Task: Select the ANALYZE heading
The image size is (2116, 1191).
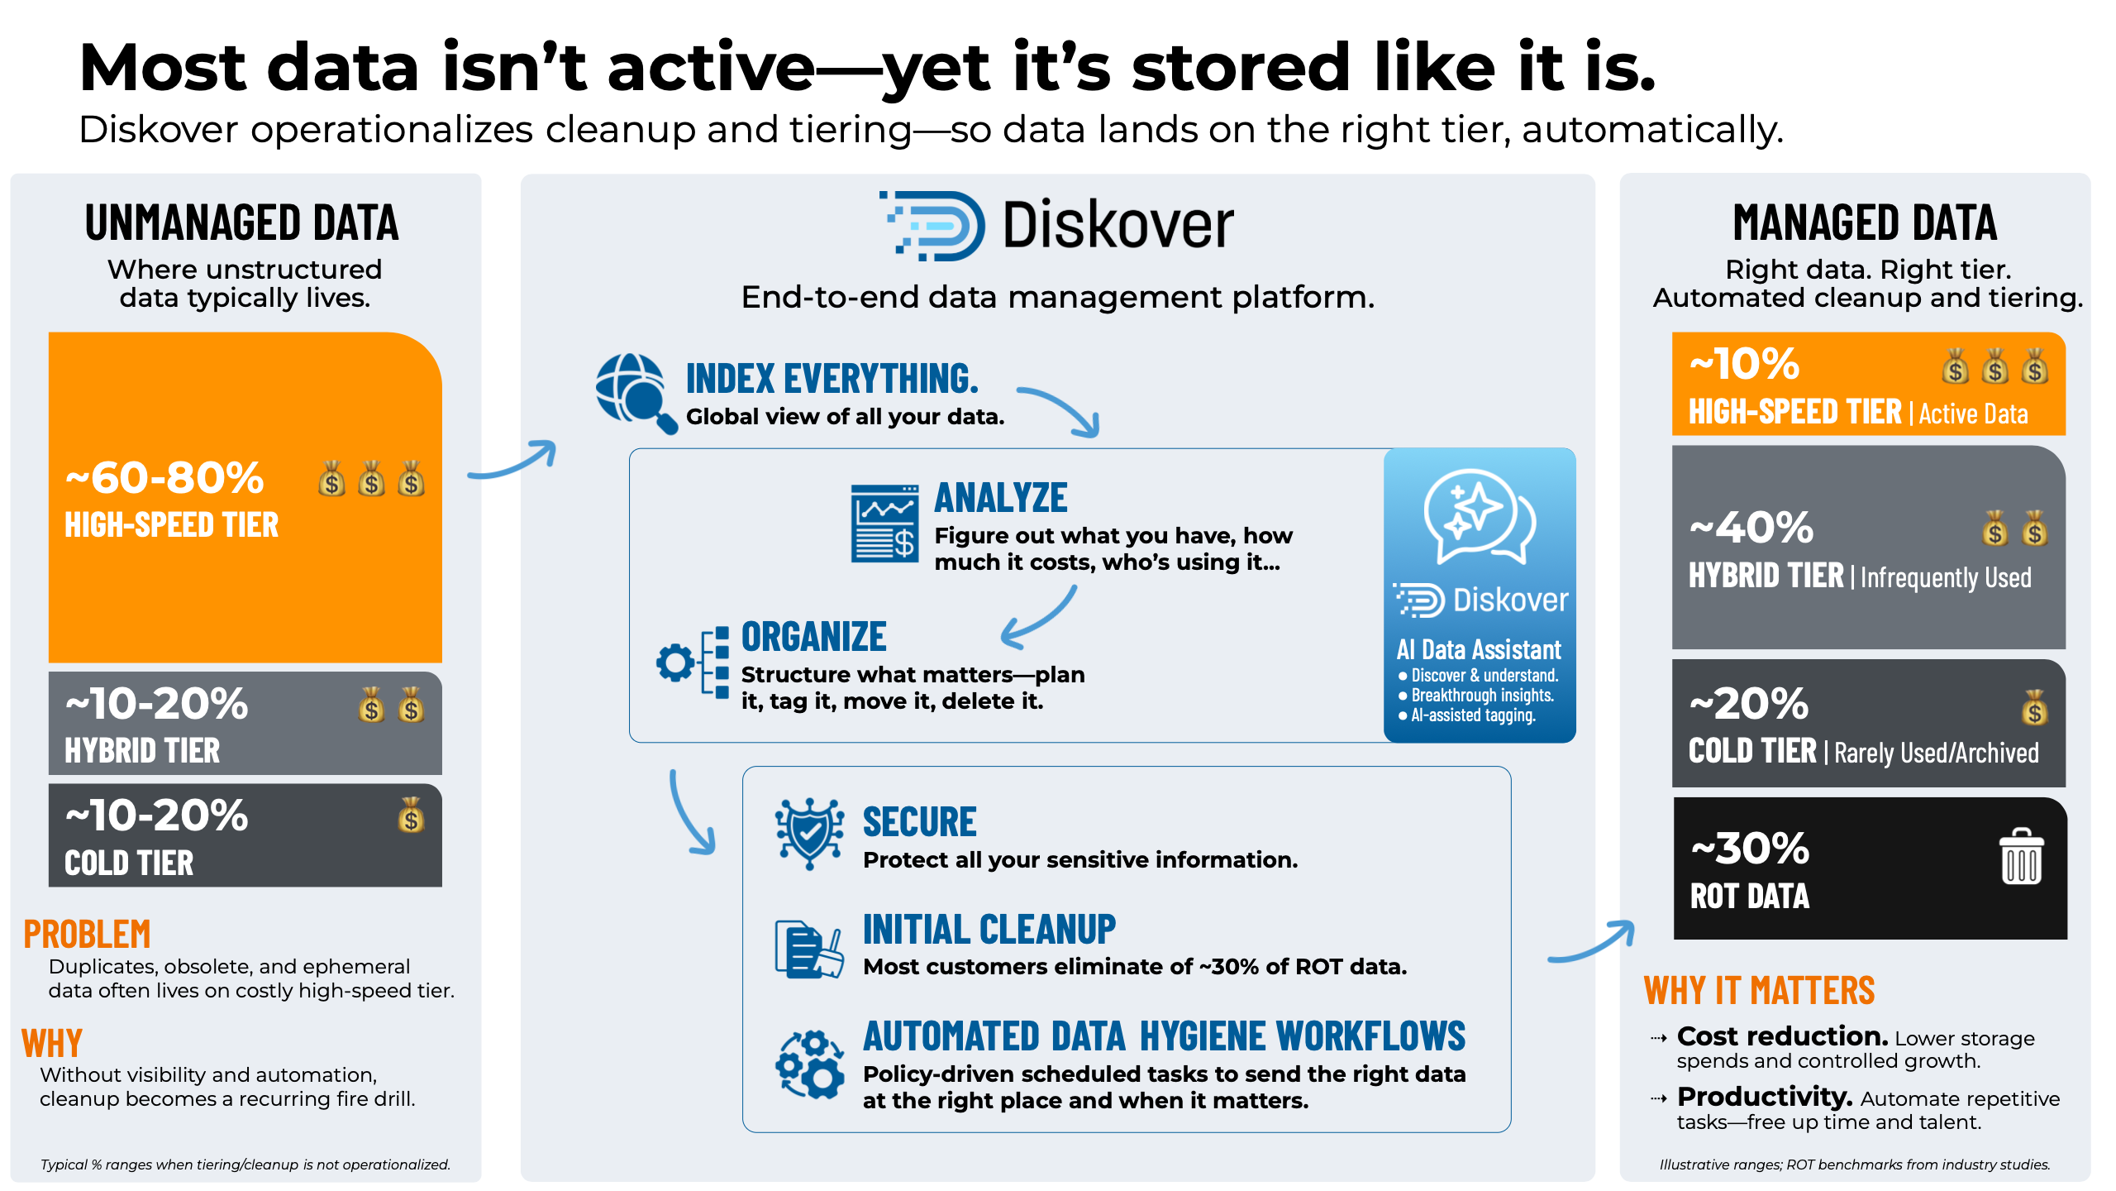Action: click(x=1001, y=498)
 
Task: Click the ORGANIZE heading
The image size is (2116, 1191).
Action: click(x=813, y=637)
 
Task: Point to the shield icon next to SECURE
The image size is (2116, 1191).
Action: click(x=809, y=833)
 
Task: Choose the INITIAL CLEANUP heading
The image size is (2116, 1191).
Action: click(x=989, y=930)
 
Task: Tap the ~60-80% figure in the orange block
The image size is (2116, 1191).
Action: click(x=164, y=477)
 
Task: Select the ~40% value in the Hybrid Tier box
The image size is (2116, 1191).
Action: click(x=1751, y=528)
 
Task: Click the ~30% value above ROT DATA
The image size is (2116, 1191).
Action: click(x=1750, y=849)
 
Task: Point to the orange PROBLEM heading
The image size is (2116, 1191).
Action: click(x=87, y=935)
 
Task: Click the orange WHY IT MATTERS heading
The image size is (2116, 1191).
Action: click(x=1759, y=991)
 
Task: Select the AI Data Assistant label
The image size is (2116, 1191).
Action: click(x=1479, y=650)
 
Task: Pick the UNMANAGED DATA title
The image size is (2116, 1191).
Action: click(x=241, y=223)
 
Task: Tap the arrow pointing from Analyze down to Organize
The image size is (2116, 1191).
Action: click(x=1039, y=617)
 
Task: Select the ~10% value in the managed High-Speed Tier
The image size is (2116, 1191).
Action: click(x=1744, y=364)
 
